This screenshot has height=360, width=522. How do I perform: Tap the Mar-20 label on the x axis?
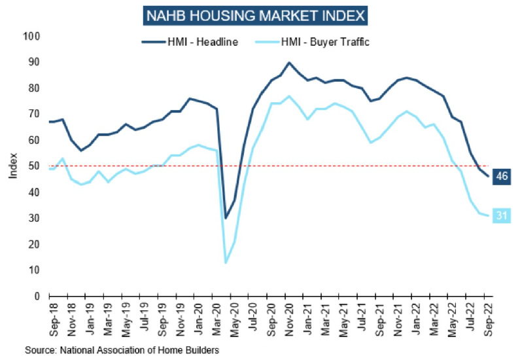coord(216,317)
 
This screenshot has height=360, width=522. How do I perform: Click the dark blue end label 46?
coord(502,177)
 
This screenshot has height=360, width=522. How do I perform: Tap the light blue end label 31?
coord(502,215)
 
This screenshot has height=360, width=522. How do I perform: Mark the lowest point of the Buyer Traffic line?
coord(226,262)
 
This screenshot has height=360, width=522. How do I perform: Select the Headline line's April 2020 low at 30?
coord(226,218)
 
